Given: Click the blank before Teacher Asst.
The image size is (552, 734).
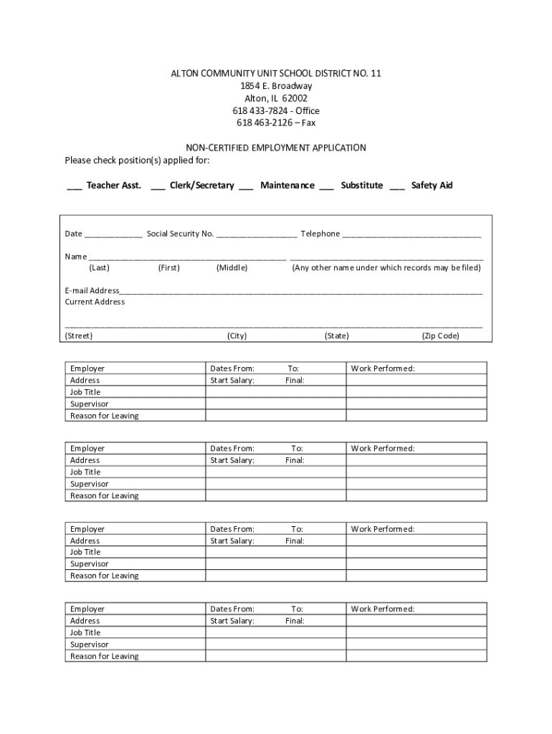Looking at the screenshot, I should (74, 186).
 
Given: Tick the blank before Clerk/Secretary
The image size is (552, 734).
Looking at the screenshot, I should (158, 186).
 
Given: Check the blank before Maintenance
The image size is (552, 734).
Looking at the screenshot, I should (246, 186).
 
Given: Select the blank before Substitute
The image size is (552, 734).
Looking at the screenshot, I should (326, 186).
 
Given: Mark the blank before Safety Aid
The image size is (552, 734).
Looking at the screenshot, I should (397, 186).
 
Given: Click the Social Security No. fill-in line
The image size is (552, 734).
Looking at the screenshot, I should (257, 235).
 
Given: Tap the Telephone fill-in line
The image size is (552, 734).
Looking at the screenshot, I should (411, 235).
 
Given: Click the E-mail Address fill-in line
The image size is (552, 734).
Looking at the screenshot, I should (301, 292).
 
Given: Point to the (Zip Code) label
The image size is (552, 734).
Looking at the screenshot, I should (440, 335).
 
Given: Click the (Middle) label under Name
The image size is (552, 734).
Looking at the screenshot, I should (232, 268).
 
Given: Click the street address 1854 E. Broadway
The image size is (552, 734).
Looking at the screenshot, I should (276, 86).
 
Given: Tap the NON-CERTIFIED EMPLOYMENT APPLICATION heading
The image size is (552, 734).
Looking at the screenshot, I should (276, 148).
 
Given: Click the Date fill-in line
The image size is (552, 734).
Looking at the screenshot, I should (113, 235).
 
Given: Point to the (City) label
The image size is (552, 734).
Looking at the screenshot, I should (237, 335).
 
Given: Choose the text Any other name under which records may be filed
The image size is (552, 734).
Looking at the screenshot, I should (386, 268).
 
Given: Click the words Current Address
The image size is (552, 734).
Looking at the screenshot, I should (95, 302).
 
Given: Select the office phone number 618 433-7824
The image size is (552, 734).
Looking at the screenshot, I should (261, 110).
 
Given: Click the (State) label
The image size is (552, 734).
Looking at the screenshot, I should (337, 335).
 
